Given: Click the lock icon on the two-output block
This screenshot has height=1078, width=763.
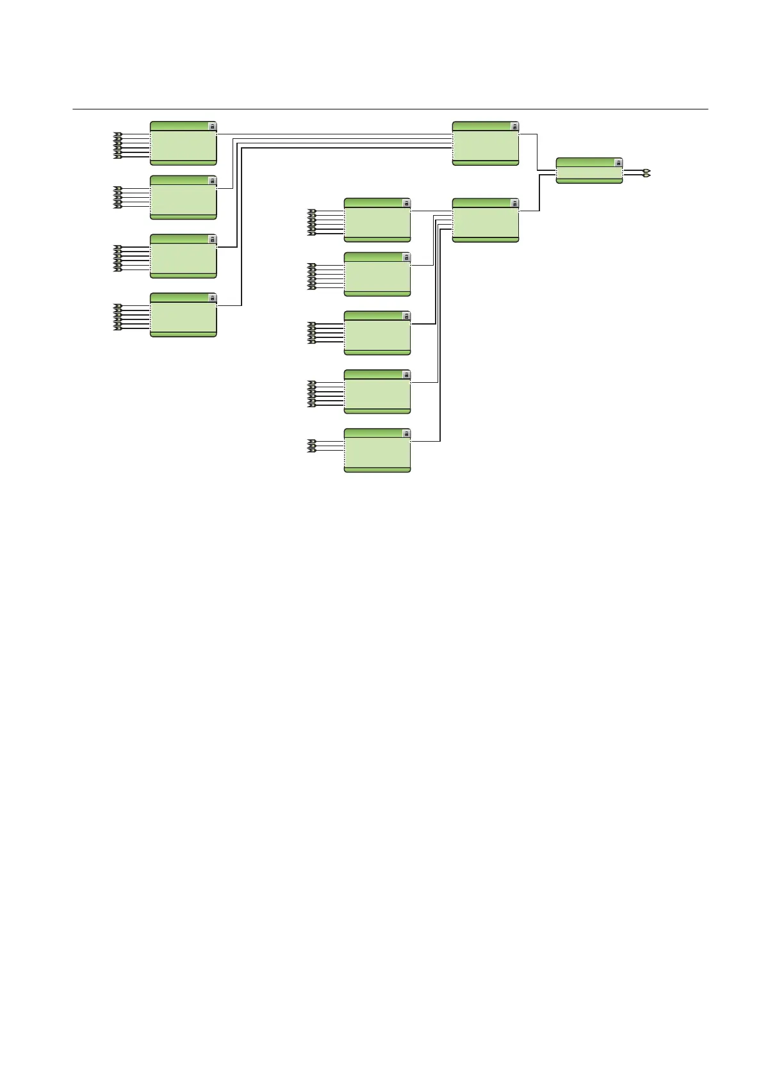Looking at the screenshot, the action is [x=618, y=163].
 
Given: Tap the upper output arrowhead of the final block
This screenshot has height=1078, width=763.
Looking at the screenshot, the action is [x=647, y=171].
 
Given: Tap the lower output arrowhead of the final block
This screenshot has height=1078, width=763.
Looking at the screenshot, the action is [x=647, y=175].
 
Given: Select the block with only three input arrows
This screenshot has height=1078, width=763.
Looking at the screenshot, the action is [x=377, y=451].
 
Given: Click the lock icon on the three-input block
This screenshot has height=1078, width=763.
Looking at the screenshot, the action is [x=406, y=434].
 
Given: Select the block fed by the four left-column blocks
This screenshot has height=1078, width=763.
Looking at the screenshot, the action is [x=485, y=143].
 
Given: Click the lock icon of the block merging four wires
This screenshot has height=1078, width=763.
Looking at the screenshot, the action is [x=514, y=127].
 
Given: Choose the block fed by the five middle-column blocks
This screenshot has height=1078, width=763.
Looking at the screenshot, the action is [x=485, y=220].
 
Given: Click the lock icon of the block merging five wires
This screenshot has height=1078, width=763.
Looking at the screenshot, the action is [x=514, y=204].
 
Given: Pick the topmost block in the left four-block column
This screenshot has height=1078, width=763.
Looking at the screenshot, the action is [x=183, y=143].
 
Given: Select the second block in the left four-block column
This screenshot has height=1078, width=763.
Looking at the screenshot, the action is [x=183, y=197].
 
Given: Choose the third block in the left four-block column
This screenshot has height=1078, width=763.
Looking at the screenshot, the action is [x=183, y=256].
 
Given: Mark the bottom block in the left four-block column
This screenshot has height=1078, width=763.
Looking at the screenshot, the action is [x=183, y=315].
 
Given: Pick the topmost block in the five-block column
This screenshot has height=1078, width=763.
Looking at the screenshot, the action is [x=377, y=220].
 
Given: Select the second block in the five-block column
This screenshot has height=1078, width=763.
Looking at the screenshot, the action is [x=377, y=274].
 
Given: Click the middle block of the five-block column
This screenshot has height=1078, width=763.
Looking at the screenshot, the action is [x=377, y=333].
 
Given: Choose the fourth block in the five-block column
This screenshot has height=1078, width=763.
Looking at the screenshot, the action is [x=377, y=392].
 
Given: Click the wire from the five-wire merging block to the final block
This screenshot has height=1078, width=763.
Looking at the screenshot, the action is [x=539, y=192].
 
